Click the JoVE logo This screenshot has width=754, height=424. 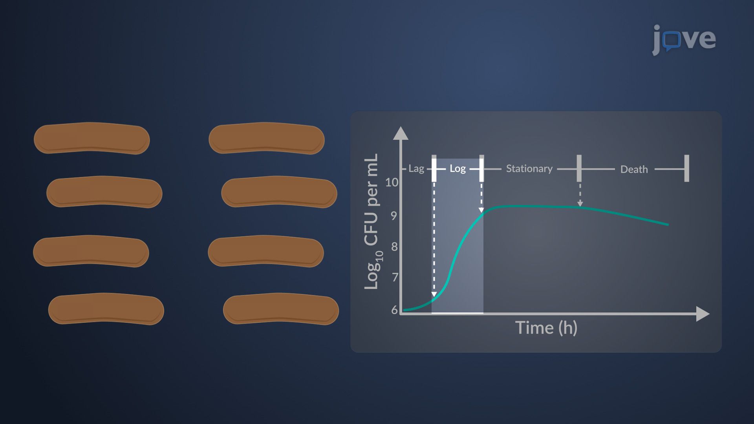(684, 40)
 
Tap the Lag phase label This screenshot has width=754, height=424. (416, 169)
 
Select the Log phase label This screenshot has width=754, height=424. (458, 169)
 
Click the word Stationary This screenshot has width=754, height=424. (529, 169)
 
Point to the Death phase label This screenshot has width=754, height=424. (634, 169)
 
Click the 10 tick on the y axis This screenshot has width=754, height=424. (392, 183)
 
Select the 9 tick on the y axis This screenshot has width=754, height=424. (394, 216)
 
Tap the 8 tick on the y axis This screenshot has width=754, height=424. (394, 247)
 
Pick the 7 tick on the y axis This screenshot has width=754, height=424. (395, 278)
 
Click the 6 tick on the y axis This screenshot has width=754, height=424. (395, 310)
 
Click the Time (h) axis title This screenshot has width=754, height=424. (546, 328)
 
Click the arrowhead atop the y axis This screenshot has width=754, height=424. (401, 133)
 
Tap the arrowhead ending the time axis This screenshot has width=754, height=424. (703, 314)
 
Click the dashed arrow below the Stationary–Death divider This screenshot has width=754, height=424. (580, 195)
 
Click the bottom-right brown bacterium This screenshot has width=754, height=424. (281, 309)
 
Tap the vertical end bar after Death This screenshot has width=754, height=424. (686, 168)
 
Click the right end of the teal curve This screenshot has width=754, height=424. (668, 225)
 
